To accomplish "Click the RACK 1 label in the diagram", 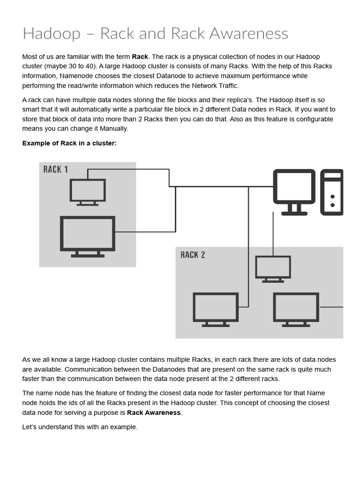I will point(55,169).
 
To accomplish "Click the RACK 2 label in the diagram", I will point(193,255).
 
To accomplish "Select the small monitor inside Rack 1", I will point(88,192).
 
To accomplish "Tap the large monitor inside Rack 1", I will point(88,236).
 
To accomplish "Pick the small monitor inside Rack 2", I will point(273,269).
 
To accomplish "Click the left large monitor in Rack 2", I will point(216,309).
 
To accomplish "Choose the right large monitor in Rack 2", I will point(296,309).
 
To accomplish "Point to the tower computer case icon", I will point(332,192).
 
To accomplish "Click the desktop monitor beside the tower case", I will point(294,192).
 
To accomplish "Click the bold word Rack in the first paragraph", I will point(140,57).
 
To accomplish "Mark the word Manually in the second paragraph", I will point(112,128).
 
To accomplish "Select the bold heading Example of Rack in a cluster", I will point(69,143).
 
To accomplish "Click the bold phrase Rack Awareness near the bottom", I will point(154,412).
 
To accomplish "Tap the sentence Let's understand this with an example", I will point(80,427).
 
